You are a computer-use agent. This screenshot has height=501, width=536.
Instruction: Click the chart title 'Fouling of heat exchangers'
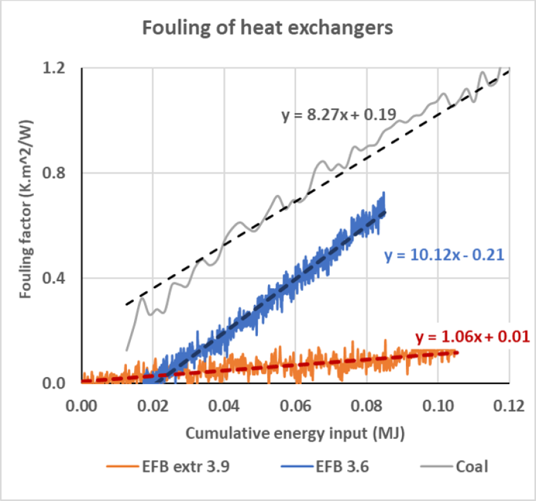click(x=268, y=28)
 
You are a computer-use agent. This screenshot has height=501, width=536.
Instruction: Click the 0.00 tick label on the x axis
click(x=81, y=405)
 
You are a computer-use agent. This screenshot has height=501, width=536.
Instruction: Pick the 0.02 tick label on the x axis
click(x=153, y=405)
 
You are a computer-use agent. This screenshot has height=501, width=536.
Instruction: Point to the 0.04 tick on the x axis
click(x=224, y=405)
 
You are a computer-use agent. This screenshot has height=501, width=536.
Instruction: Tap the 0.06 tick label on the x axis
click(x=295, y=405)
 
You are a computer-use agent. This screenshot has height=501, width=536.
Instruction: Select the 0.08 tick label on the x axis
click(x=367, y=405)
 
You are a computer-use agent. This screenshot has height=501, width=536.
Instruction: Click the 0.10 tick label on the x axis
click(x=438, y=405)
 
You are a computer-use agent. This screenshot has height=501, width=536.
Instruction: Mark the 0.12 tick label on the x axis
click(x=509, y=405)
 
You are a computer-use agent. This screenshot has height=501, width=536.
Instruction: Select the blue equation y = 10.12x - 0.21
click(x=444, y=255)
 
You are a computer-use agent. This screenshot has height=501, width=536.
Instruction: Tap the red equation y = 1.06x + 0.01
click(x=473, y=335)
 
